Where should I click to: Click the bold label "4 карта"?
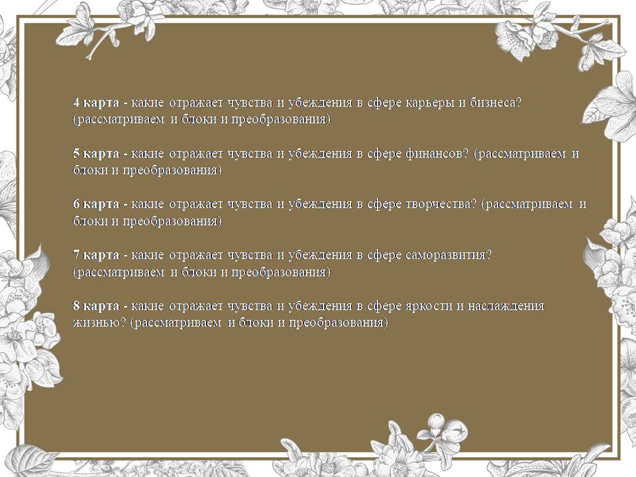click(96, 103)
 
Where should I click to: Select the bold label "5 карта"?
click(96, 154)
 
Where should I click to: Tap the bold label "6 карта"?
click(96, 204)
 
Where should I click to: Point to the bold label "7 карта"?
click(96, 255)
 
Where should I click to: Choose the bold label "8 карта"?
click(96, 306)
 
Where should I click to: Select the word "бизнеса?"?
click(496, 103)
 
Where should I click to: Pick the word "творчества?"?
click(441, 205)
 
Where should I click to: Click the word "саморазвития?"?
click(449, 256)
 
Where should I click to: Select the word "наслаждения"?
click(505, 307)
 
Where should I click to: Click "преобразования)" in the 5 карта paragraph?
click(172, 171)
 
